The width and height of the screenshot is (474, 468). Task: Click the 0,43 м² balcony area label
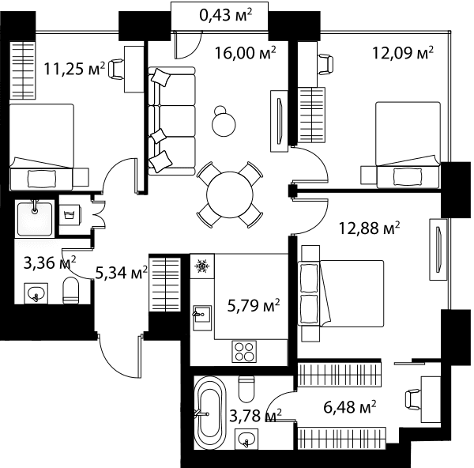pos(225,15)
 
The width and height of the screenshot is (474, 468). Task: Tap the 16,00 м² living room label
pos(245,53)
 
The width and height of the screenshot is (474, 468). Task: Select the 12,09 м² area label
pos(403,53)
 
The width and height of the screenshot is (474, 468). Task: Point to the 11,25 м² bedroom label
pos(74,69)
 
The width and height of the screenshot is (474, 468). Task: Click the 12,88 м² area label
pos(369,228)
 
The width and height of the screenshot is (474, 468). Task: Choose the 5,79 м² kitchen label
pos(254,306)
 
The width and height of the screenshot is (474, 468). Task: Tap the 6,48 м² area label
pos(350,407)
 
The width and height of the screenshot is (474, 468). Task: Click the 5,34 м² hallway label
pos(121,273)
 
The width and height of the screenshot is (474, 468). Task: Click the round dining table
pos(230,194)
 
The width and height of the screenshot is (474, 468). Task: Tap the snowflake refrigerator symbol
pos(201,266)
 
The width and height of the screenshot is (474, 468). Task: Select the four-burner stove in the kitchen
pos(244,352)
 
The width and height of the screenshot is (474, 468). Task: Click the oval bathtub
pos(209,413)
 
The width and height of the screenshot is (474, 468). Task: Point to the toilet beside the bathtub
pos(246,389)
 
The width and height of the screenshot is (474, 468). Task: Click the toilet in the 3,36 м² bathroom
pos(71,290)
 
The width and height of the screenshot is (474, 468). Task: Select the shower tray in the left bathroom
pos(35,219)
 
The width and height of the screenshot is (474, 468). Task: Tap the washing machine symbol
pos(70,215)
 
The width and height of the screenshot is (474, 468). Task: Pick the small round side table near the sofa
pos(224,122)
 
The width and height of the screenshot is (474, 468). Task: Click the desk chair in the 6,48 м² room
pos(412,400)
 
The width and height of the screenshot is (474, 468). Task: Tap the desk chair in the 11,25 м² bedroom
pos(116,70)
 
